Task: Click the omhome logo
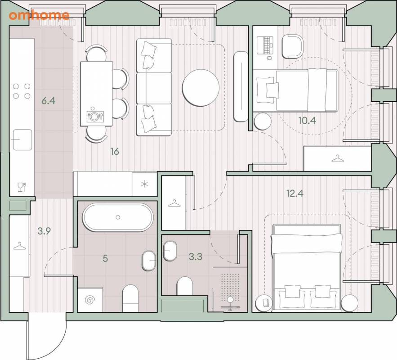point(39,15)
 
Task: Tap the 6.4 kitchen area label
point(49,101)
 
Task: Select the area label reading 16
point(115,152)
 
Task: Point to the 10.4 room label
point(307,120)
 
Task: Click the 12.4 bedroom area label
point(295,193)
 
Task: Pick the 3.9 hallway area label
point(44,231)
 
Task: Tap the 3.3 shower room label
point(196,256)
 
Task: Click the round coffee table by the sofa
point(201,88)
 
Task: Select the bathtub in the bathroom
point(118,217)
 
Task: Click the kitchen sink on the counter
point(22,139)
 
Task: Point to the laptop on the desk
point(265,45)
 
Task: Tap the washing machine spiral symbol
point(89,300)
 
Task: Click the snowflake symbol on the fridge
point(145,184)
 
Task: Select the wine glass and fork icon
point(22,187)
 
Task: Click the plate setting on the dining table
point(94,117)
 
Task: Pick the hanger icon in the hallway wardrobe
point(19,246)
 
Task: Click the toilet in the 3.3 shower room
point(185,286)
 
